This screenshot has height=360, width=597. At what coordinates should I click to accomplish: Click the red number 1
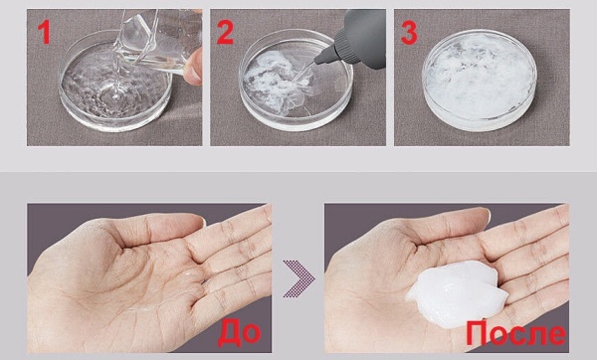coord(45,33)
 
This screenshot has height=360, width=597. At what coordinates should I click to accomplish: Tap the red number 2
coord(225,33)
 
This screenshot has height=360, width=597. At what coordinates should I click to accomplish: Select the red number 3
coord(409,33)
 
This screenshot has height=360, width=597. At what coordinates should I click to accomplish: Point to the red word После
coord(515,333)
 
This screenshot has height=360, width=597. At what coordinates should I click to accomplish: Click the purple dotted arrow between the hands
coord(298,278)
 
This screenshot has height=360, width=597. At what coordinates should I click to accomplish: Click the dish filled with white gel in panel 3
coord(480,80)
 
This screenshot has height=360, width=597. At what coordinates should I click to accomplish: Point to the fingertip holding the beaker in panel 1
coord(193,67)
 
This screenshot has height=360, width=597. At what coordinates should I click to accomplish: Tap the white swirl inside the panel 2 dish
coord(276,82)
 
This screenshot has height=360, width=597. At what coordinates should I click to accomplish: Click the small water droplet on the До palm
coord(187,273)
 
